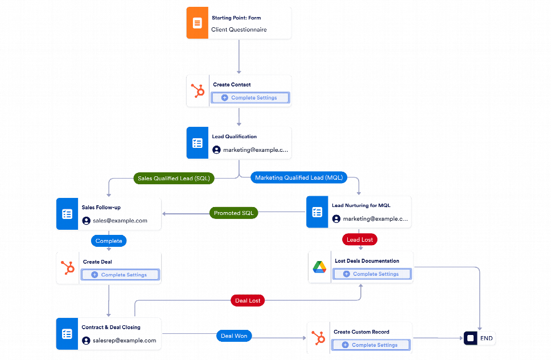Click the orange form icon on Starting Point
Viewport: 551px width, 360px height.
click(197, 23)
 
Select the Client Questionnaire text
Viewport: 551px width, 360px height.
click(239, 30)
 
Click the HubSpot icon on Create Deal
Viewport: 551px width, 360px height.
click(67, 268)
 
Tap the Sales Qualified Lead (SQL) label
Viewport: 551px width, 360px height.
click(174, 179)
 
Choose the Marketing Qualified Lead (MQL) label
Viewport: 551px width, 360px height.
click(299, 177)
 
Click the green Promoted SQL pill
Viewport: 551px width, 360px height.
click(233, 213)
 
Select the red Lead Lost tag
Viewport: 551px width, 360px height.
click(360, 240)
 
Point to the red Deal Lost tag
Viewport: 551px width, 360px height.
click(248, 300)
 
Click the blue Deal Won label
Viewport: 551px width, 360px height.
click(233, 336)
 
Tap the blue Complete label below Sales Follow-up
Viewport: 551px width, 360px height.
click(109, 241)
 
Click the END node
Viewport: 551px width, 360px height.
click(479, 338)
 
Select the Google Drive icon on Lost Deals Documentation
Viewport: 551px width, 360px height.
click(319, 267)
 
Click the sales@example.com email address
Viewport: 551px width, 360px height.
click(120, 221)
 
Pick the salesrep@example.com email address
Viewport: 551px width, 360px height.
click(124, 341)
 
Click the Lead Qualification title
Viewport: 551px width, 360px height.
click(234, 136)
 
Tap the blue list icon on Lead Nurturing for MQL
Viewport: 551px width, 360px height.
click(317, 212)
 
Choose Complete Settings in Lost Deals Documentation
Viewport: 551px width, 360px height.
click(372, 274)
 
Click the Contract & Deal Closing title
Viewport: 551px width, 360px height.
click(110, 328)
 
